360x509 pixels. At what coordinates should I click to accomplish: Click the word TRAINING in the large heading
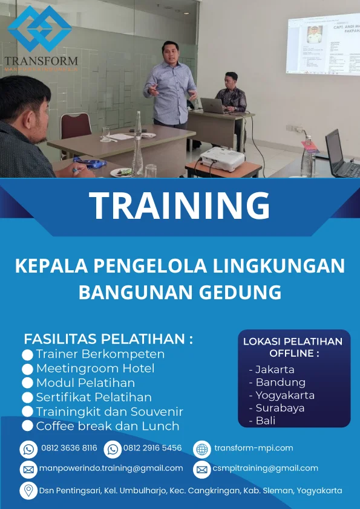[180, 206]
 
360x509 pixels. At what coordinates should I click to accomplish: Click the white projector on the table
[222, 158]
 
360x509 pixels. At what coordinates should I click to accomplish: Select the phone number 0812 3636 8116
[69, 449]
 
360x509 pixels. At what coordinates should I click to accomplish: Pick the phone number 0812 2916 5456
[152, 449]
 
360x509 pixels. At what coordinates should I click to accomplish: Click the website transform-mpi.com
[254, 448]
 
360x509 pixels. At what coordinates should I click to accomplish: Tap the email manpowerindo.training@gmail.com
[111, 468]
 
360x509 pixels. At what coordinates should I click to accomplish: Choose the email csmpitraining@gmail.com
[265, 468]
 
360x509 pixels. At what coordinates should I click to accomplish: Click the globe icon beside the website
[201, 449]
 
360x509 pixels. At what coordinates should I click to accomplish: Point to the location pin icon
[28, 490]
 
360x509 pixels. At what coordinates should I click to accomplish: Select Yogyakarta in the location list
[284, 395]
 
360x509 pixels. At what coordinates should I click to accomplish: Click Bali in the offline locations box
[265, 421]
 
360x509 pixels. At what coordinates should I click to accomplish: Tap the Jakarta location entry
[275, 369]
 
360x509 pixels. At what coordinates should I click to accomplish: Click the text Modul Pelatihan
[85, 383]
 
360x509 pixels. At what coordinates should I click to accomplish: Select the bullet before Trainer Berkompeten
[27, 355]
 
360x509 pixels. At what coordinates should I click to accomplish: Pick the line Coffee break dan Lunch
[108, 426]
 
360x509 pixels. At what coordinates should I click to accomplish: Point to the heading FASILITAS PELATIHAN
[108, 339]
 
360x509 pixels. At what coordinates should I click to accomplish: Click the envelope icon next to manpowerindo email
[28, 469]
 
